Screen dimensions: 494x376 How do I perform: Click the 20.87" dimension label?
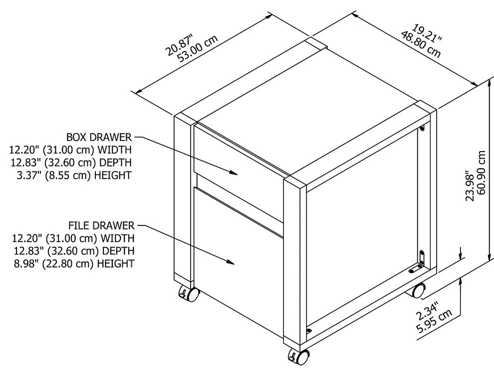tap(179, 45)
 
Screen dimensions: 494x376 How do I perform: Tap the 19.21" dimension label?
tap(427, 33)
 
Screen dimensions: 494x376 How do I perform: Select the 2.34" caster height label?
tap(427, 311)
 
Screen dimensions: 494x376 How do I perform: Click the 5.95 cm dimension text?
tap(435, 321)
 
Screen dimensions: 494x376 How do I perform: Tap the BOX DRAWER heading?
tap(99, 137)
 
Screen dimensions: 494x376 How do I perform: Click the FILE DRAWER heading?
tap(101, 225)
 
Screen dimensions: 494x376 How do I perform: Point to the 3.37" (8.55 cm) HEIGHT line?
tap(74, 175)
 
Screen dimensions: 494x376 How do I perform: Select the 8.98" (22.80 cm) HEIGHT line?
tap(74, 263)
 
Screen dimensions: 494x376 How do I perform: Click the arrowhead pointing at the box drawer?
tap(233, 172)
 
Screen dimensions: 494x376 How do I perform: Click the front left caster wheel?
tap(189, 294)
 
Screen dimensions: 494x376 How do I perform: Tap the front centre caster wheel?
tap(298, 356)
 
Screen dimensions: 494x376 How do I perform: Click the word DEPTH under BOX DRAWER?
tap(115, 162)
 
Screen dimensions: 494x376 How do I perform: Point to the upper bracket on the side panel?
tap(422, 128)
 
